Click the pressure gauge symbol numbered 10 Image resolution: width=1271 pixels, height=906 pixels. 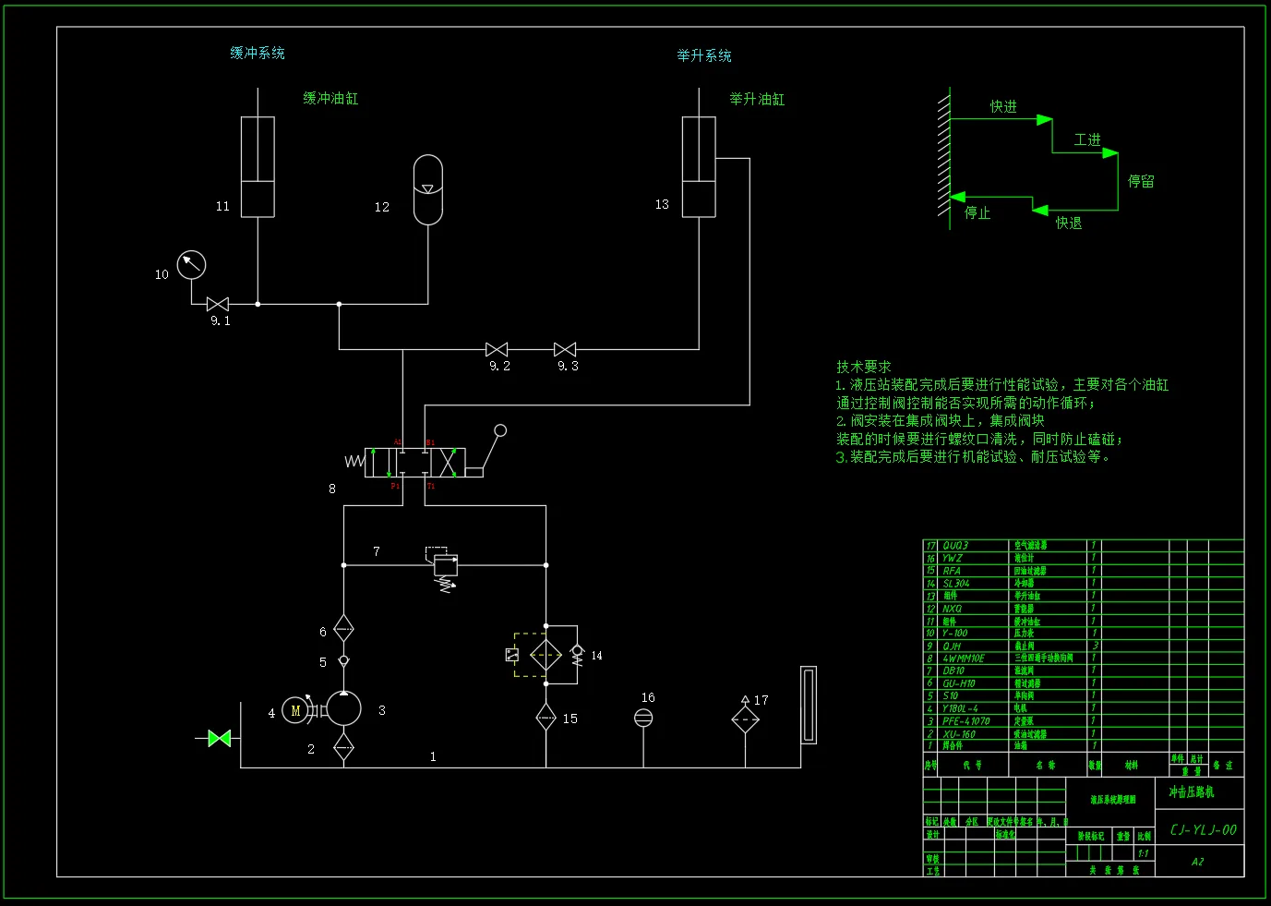pos(191,265)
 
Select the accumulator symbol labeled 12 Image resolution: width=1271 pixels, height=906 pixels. pos(427,189)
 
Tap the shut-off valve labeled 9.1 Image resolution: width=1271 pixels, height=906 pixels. pos(218,304)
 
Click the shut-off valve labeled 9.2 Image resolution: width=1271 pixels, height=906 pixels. pos(497,349)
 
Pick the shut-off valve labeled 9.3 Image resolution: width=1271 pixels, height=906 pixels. pos(565,349)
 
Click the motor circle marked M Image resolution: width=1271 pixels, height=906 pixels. pos(295,709)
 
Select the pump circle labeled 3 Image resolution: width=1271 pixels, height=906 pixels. pos(343,709)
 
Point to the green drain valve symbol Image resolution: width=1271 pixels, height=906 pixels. pos(220,738)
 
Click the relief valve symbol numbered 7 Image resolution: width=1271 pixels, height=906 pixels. pos(446,565)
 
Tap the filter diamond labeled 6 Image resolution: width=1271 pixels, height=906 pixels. pos(343,630)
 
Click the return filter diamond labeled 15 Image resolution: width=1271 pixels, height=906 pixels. pos(546,717)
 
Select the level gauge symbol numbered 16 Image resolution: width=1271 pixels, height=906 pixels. pos(643,718)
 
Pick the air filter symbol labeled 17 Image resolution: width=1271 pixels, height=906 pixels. pos(745,719)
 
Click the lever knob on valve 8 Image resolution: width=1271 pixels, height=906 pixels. pos(500,430)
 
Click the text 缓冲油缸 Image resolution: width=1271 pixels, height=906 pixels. pos(330,98)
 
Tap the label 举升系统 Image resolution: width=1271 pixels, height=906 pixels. pos(704,55)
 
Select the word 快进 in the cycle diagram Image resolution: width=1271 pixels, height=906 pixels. pos(1003,106)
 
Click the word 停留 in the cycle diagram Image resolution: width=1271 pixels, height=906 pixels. pos(1141,181)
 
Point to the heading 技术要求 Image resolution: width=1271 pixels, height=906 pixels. pos(864,367)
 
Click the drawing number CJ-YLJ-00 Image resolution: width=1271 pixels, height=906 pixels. pos(1203,829)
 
